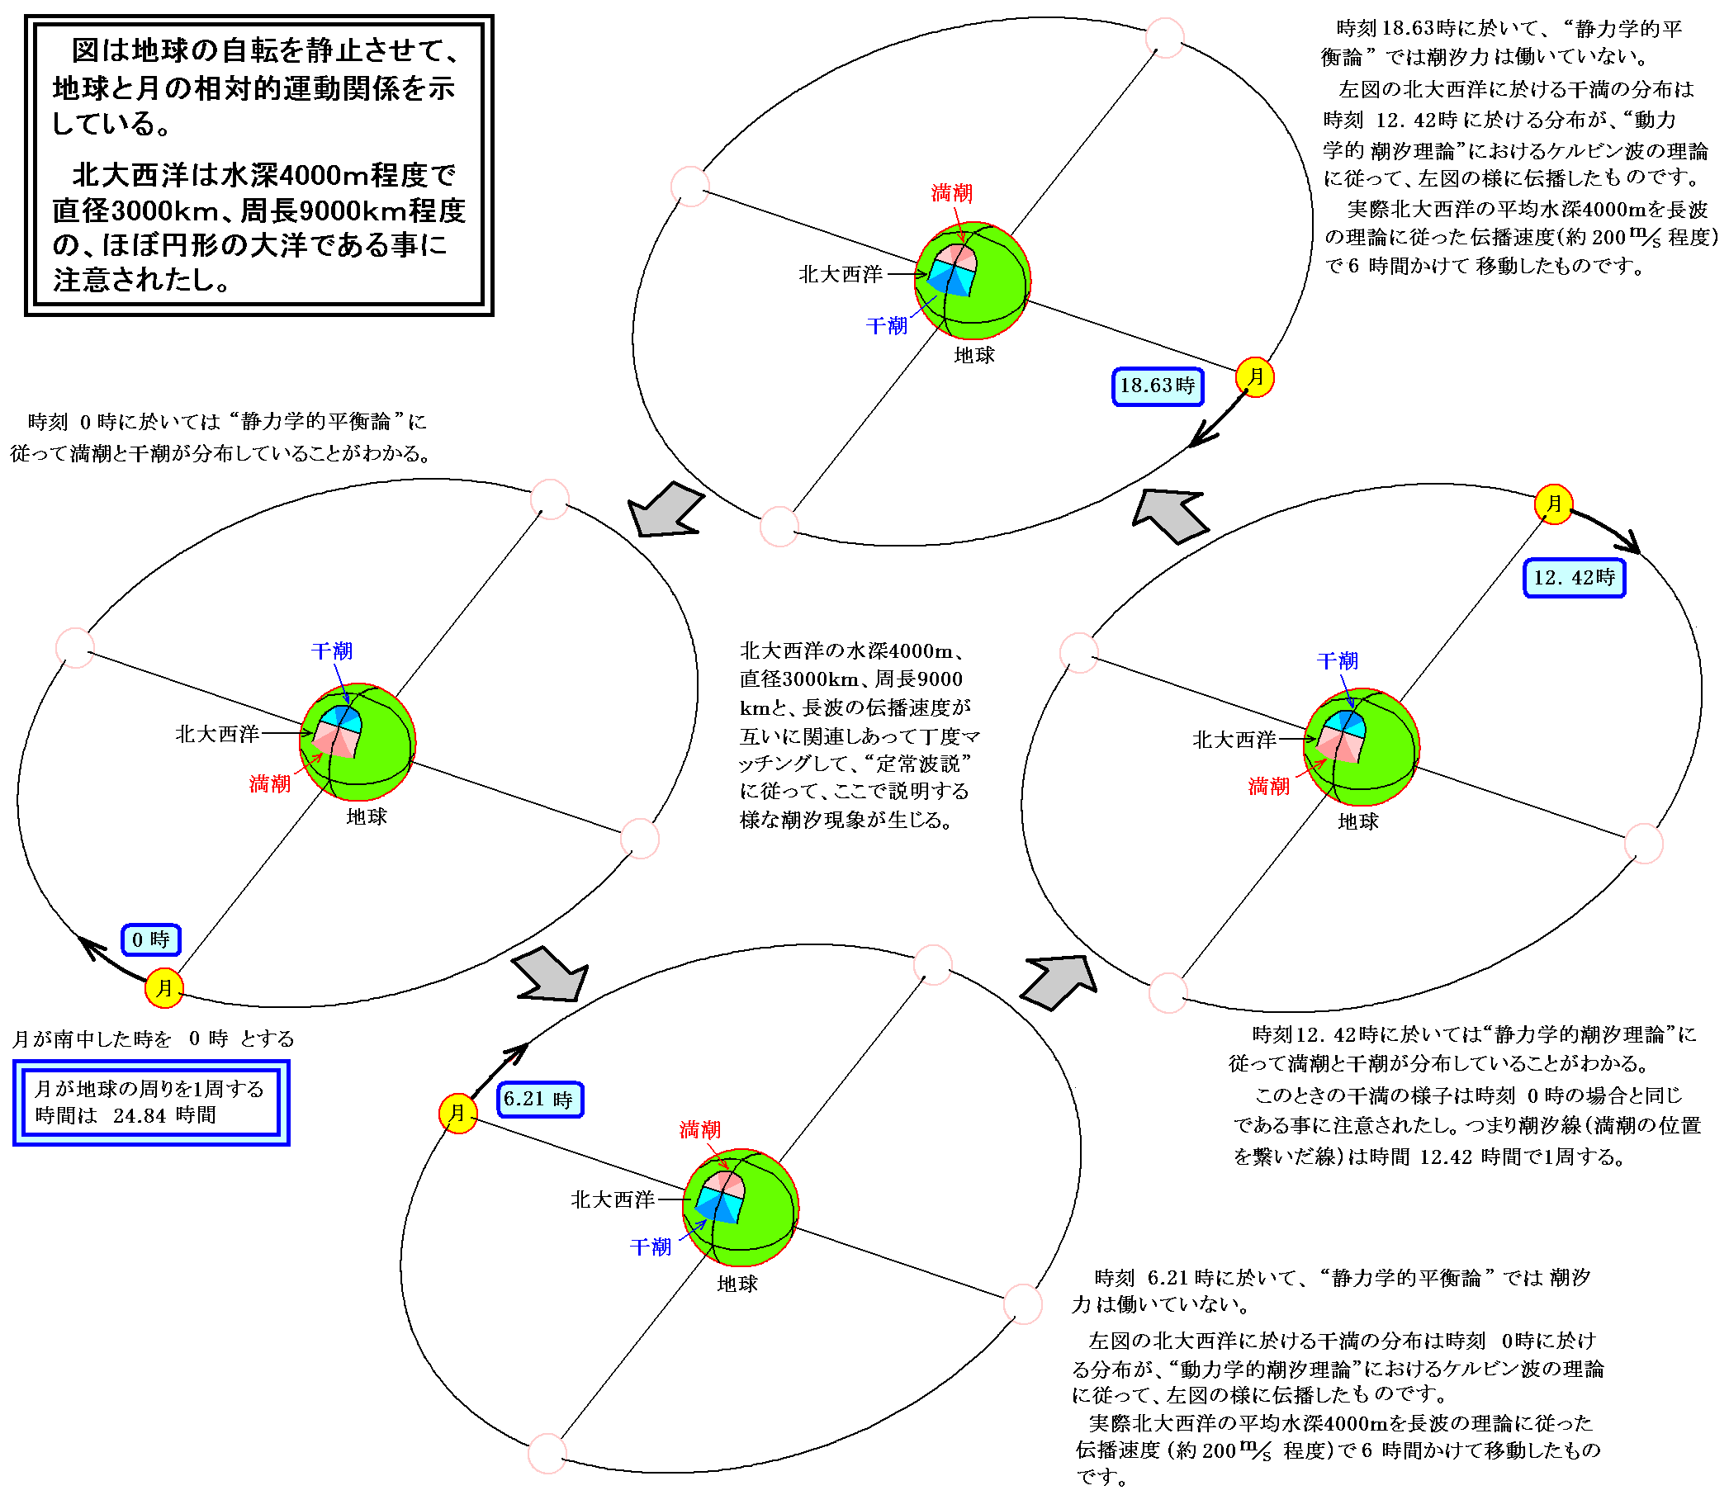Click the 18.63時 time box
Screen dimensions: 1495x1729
1158,386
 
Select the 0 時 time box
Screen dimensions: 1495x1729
151,940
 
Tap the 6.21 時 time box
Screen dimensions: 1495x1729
539,1100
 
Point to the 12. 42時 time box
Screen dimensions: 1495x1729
1574,578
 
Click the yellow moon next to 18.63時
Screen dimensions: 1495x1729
1255,377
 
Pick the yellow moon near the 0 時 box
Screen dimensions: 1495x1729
164,989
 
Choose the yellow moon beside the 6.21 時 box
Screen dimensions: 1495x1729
458,1114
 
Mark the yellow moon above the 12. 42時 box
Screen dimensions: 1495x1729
1554,504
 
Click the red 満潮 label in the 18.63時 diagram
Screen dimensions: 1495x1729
951,193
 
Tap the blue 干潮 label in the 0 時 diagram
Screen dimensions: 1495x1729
332,651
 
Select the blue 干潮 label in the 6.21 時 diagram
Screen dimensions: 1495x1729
651,1247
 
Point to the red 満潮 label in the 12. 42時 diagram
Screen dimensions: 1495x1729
1268,786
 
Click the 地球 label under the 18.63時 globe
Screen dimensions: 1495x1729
973,356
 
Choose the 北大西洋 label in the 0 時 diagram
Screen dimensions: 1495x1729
217,734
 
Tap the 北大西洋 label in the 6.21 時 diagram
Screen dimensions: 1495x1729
613,1199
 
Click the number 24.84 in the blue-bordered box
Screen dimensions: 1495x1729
140,1115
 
